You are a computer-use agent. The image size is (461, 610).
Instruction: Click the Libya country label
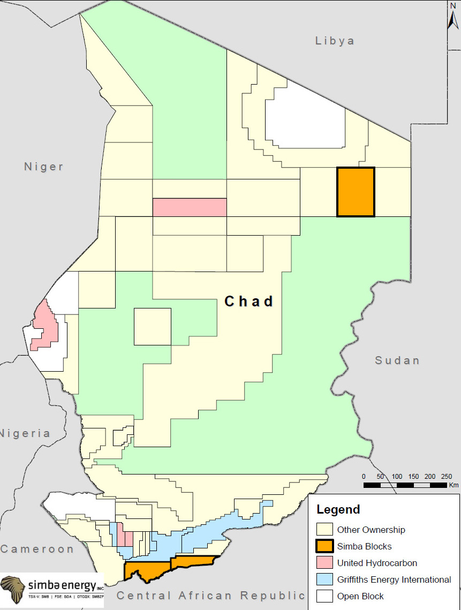point(335,41)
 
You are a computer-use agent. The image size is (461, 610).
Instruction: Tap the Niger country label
point(44,167)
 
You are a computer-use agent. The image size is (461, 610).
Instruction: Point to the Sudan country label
point(397,360)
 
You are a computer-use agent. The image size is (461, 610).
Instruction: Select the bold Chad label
point(249,302)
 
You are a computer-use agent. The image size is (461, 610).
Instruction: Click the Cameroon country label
point(36,549)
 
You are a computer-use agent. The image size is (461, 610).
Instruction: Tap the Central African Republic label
point(210,596)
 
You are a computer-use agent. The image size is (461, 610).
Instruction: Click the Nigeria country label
point(25,433)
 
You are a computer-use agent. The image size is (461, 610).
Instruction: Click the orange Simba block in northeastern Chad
point(356,192)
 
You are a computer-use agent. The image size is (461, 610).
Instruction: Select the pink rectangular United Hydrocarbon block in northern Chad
point(190,207)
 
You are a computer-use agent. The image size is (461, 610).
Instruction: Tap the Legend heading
point(338,509)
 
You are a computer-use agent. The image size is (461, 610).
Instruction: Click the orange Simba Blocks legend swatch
point(324,546)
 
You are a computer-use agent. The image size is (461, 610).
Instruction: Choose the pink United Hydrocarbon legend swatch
point(324,563)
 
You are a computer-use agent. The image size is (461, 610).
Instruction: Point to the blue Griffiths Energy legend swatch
point(324,579)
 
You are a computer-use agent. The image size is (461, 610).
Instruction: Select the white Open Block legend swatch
point(324,596)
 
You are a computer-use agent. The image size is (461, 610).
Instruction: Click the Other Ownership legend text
point(371,530)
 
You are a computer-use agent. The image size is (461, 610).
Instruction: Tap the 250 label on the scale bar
point(446,477)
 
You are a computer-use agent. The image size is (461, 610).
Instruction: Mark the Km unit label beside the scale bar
point(454,485)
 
